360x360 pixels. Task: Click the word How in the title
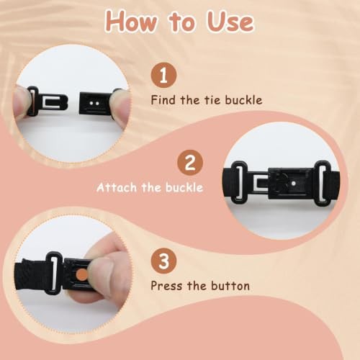point(131,21)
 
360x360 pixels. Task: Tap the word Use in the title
point(230,21)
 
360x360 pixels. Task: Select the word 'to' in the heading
point(181,22)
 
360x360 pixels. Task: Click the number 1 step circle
point(163,75)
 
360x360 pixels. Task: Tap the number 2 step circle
point(190,163)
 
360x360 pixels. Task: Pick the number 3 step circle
point(163,261)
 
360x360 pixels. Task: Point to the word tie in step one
point(212,99)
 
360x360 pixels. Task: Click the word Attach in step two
point(117,188)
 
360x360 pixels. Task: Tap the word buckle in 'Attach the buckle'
point(184,187)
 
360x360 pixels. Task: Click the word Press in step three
point(166,286)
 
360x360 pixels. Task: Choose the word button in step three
point(230,286)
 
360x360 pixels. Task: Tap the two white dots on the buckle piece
point(94,103)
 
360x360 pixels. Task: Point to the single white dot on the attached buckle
point(293,184)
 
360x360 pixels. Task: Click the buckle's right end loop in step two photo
point(323,181)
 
